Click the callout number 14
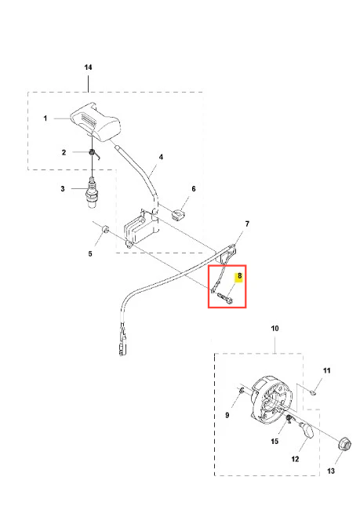(x=88, y=67)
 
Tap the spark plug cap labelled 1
(x=95, y=122)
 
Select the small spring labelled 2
(x=93, y=154)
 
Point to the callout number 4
(x=161, y=157)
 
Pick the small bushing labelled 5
(x=105, y=230)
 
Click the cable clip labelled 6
(x=178, y=214)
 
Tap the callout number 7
(x=247, y=224)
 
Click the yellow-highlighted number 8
(x=239, y=276)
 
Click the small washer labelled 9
(x=242, y=389)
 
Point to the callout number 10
(x=275, y=329)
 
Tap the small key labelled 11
(x=313, y=393)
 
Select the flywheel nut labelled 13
(x=344, y=445)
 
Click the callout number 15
(x=275, y=442)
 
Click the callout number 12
(x=295, y=459)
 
